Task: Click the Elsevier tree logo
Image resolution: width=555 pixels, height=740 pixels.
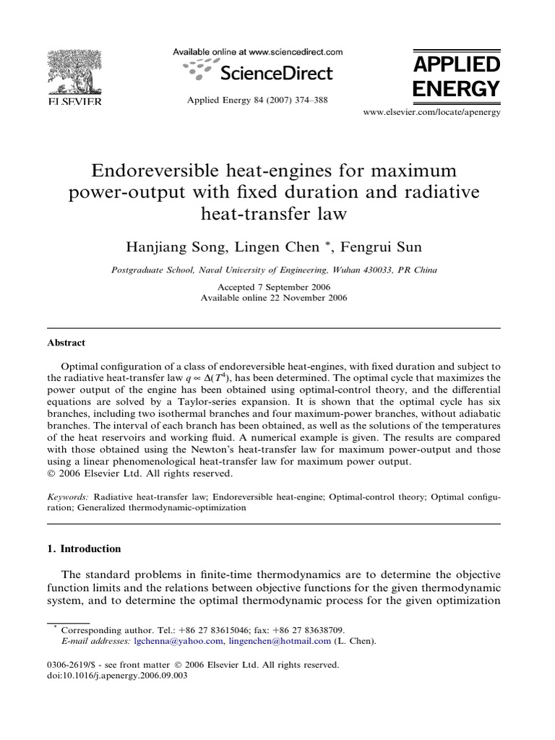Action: coord(74,72)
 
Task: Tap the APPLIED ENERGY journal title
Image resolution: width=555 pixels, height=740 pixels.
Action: coord(455,77)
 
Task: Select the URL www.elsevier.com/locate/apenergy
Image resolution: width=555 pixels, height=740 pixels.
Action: coord(431,113)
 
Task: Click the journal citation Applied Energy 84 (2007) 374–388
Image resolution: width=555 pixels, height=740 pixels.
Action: coord(257,100)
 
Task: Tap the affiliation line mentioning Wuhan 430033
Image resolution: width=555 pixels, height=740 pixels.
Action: coord(274,270)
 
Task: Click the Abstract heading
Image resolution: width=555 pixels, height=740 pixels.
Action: coord(66,343)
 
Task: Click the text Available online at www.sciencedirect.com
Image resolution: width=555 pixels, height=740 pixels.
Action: coord(257,52)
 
